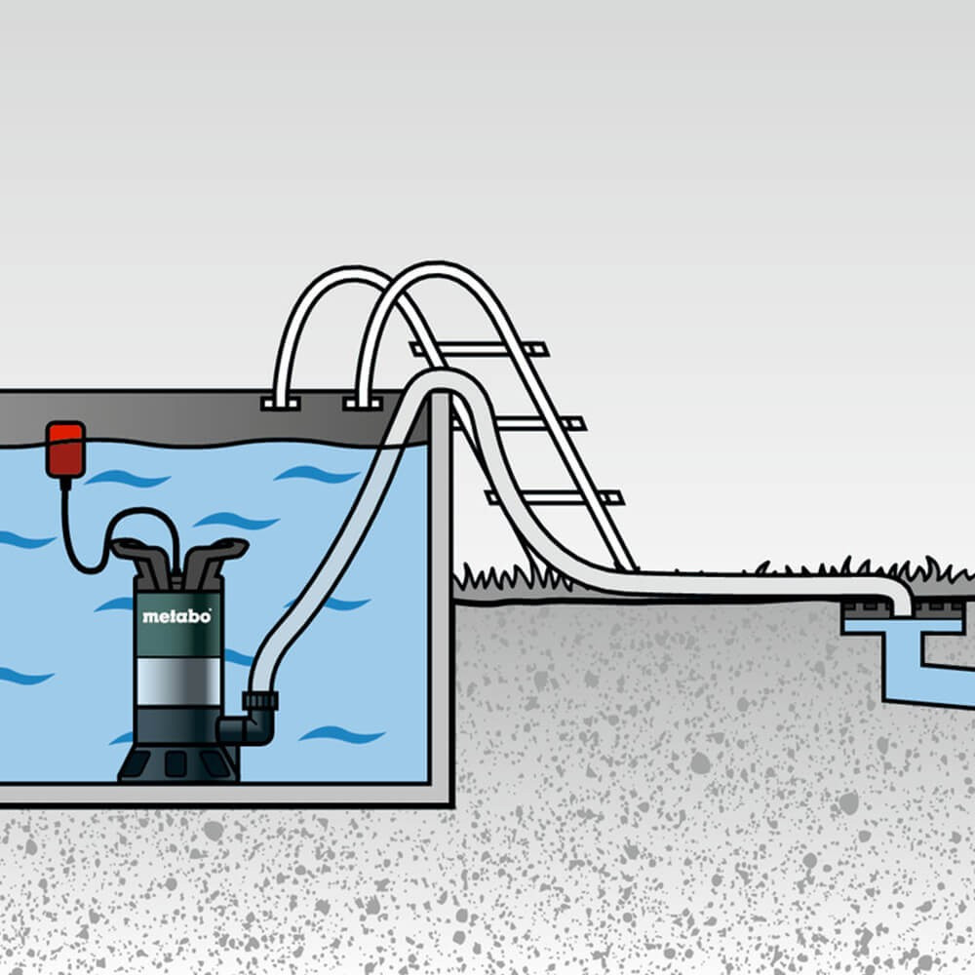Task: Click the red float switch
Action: click(x=65, y=448)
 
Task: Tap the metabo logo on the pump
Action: click(x=176, y=616)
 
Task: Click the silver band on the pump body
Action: click(x=177, y=680)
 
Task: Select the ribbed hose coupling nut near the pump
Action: click(x=260, y=700)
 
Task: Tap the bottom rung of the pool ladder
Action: click(x=556, y=497)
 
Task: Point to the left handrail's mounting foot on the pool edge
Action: click(x=281, y=402)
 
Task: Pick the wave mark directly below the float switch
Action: click(x=127, y=479)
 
